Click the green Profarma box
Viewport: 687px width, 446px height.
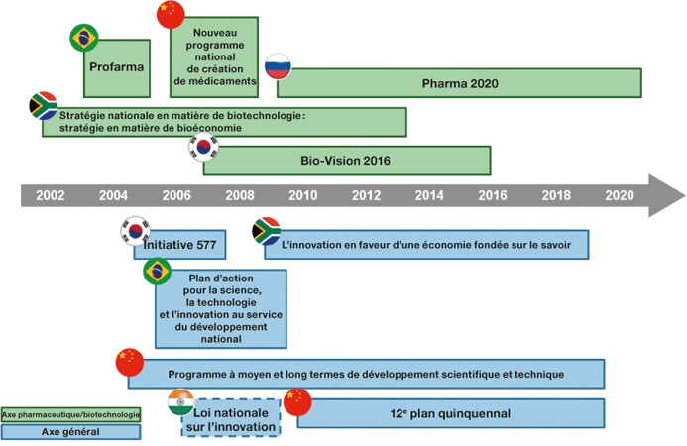[117, 68]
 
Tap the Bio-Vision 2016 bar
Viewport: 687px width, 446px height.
[347, 160]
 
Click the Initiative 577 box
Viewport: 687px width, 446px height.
[180, 244]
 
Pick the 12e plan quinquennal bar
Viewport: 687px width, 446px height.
[451, 413]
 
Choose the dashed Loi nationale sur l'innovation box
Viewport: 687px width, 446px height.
[234, 420]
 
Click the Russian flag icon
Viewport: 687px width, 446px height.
[277, 64]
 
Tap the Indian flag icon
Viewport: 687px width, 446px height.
[180, 401]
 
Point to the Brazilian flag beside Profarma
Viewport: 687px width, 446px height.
[83, 39]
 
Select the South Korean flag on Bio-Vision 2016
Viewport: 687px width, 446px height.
[203, 147]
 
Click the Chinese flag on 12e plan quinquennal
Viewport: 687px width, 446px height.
[296, 401]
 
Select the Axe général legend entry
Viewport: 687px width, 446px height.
[70, 432]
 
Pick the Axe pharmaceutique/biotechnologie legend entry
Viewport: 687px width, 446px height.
[70, 414]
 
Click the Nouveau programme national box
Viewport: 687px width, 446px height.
[214, 56]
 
